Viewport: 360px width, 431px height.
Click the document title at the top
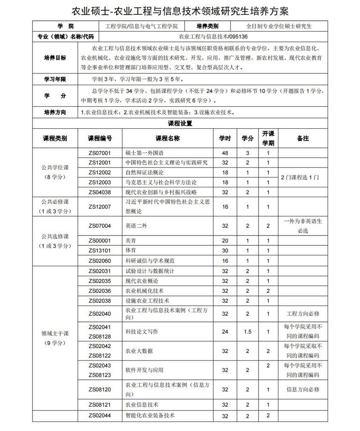pos(180,10)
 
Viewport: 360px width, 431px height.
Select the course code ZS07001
pos(100,153)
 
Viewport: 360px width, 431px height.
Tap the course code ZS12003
pos(100,182)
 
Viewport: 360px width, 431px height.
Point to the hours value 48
pos(225,153)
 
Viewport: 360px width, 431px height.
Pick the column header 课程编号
pos(100,138)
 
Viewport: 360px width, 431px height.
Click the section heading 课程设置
pos(180,123)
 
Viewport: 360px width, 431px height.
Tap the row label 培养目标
pos(55,58)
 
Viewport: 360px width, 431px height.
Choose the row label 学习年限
pos(55,79)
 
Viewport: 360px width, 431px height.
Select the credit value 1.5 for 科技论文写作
pos(247,331)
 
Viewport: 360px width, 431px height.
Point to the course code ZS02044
pos(100,415)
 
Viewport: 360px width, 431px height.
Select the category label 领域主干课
pos(55,333)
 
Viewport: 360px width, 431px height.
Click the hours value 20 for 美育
pos(225,240)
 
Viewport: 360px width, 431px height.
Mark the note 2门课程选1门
pos(300,177)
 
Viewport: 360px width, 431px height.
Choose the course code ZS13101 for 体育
pos(100,250)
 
